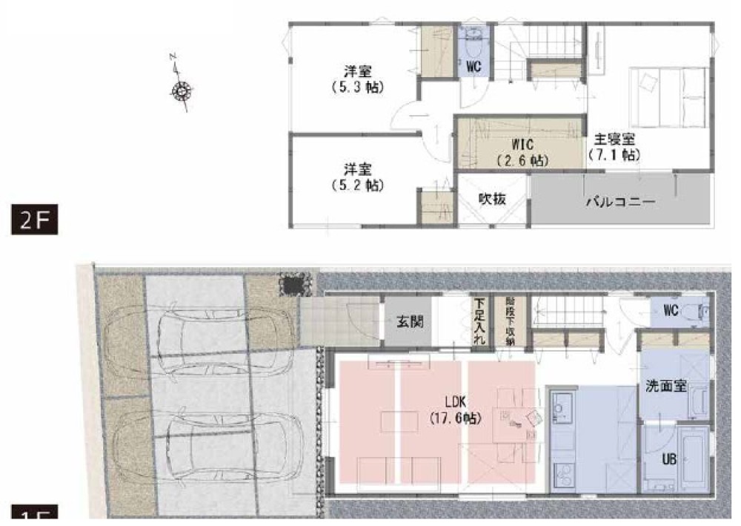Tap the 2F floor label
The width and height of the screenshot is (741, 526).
click(x=33, y=220)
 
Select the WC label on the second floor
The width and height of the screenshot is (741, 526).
click(x=474, y=67)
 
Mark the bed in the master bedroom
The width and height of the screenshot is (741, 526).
click(x=668, y=96)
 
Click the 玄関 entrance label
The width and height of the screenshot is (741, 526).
click(x=405, y=322)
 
